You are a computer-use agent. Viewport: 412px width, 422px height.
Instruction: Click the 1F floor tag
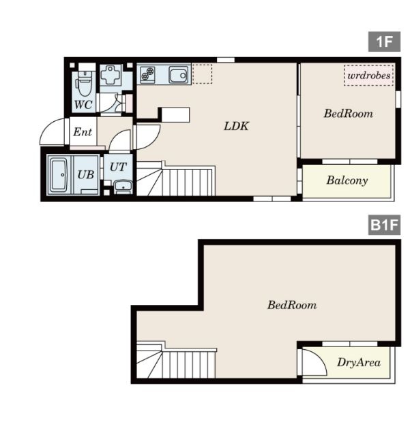(384, 42)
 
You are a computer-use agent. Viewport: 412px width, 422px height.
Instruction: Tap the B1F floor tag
(384, 225)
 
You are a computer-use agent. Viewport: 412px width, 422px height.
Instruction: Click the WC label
(83, 104)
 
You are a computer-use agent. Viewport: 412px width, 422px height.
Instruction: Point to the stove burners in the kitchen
(147, 74)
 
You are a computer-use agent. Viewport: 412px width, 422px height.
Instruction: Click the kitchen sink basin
(178, 75)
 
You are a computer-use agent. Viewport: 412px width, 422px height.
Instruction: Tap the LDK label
(236, 126)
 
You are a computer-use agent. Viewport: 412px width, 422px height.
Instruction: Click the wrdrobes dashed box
(369, 75)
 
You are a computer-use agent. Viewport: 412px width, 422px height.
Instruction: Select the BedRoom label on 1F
(349, 114)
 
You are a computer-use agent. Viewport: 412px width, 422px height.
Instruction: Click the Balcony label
(347, 180)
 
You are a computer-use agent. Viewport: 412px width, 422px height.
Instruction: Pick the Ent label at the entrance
(83, 132)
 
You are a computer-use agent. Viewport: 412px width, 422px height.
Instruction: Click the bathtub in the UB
(59, 175)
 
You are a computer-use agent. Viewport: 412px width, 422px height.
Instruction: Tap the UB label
(86, 175)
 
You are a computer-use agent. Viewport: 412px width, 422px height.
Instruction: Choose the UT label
(118, 167)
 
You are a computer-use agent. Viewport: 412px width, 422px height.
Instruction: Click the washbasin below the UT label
(123, 186)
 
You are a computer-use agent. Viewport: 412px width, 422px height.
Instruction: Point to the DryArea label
(359, 363)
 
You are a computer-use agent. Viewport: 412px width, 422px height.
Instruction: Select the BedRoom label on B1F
(292, 305)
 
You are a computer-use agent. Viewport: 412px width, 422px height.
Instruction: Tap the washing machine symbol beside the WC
(111, 76)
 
